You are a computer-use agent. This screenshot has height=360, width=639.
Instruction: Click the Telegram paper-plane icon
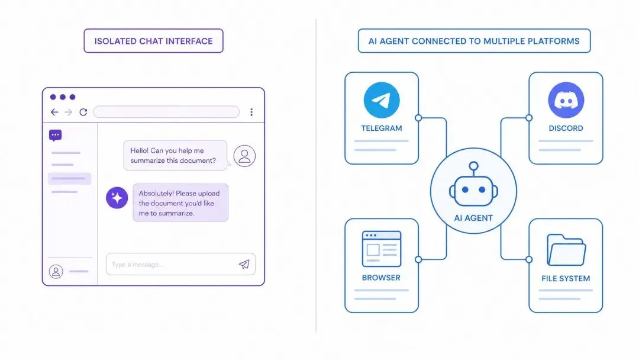coord(382,100)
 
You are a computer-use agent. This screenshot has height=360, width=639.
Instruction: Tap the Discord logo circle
coord(566,100)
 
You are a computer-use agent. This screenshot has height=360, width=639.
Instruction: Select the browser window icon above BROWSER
coord(382,249)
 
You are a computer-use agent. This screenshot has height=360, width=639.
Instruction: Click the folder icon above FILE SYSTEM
coord(566,250)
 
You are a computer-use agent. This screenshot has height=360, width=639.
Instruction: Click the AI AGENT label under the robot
coord(473,218)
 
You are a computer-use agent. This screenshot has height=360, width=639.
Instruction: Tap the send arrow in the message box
coord(244,264)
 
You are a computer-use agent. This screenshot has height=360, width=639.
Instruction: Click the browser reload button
coord(83,112)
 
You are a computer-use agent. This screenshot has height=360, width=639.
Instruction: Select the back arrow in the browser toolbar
coord(54,112)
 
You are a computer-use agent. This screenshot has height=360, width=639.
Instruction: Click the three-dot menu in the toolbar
coord(251,112)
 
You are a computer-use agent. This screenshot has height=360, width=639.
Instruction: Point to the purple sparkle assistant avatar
coord(117,197)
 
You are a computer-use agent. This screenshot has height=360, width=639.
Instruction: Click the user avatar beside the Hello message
coord(244,155)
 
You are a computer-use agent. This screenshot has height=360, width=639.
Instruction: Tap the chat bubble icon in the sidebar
coord(55,136)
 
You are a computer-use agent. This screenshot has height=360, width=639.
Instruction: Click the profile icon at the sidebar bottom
coord(56,271)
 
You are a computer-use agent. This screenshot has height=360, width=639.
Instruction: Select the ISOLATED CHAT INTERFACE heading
coord(153,41)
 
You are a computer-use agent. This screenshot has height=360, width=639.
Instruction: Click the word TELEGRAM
coord(382,128)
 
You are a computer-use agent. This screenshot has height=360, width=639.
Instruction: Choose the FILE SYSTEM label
coord(566,278)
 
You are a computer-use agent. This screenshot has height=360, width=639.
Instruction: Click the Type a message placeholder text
coord(137,265)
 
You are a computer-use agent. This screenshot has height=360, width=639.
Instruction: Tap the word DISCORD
coord(566,128)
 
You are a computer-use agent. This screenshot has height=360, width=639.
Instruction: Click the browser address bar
coord(166,112)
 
